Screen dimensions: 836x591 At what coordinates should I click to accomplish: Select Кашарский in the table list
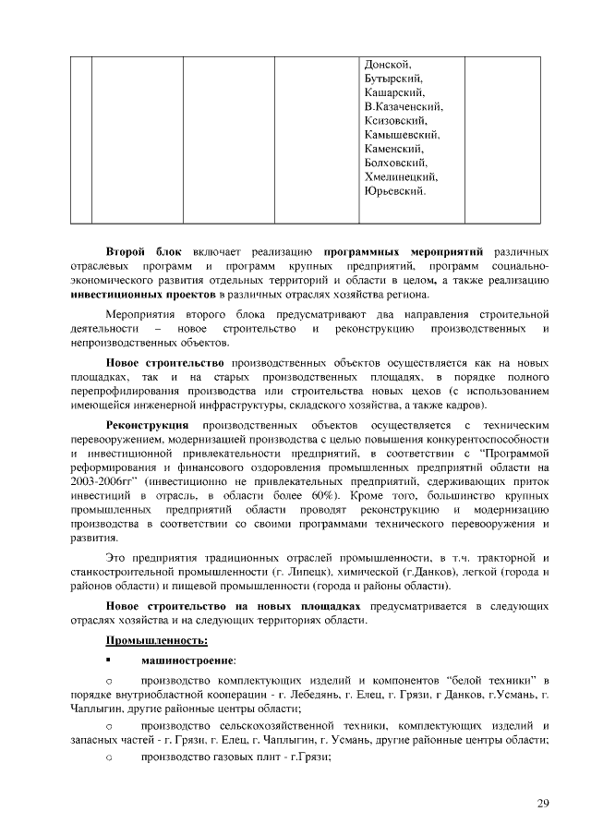[x=394, y=92]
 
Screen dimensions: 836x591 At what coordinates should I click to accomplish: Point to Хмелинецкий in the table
[x=402, y=176]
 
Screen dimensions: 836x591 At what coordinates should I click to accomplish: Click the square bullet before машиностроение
[x=110, y=660]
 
